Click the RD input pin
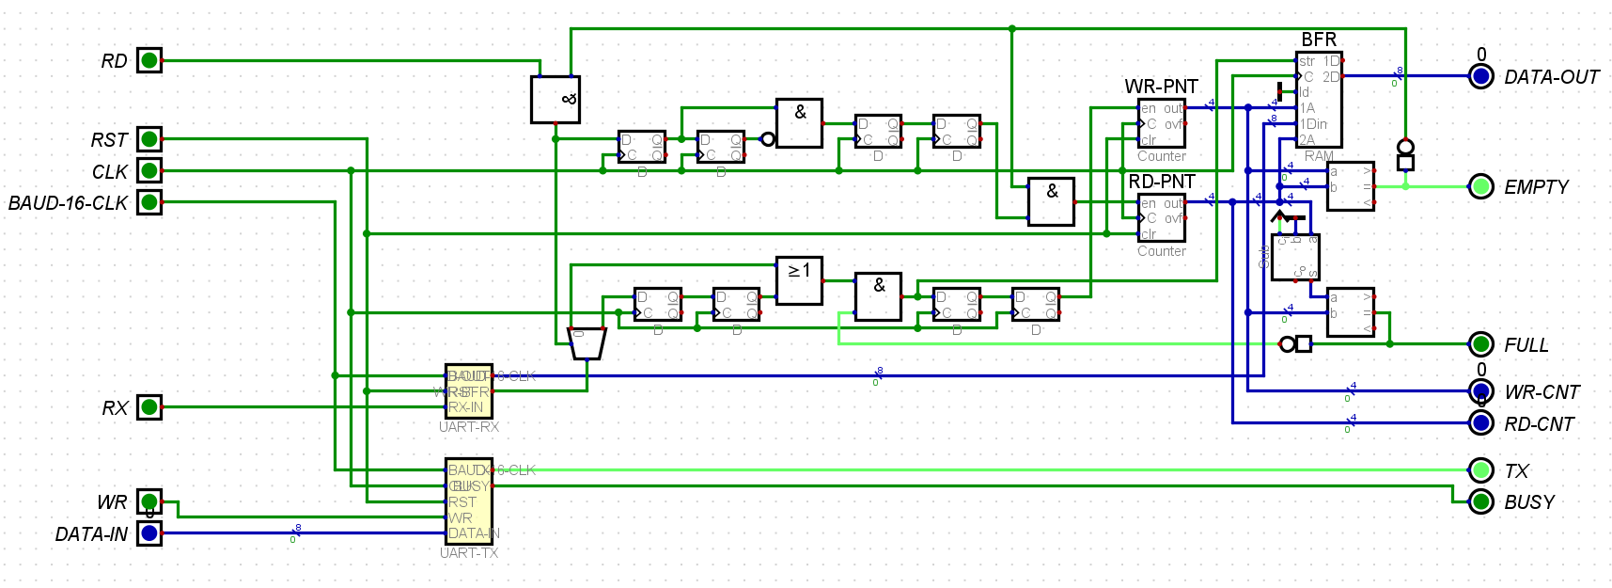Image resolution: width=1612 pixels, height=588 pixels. pyautogui.click(x=149, y=60)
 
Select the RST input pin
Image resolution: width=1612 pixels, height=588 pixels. pyautogui.click(x=149, y=139)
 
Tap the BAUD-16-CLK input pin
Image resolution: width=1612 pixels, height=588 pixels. pyautogui.click(x=149, y=202)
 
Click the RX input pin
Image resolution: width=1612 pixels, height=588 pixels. pyautogui.click(x=149, y=407)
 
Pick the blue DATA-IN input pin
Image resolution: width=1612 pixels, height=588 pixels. pyautogui.click(x=149, y=533)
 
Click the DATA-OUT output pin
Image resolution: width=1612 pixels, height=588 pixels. pyautogui.click(x=1480, y=76)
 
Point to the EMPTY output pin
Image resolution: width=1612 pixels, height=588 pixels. pyautogui.click(x=1480, y=186)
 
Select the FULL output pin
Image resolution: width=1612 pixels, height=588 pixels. pyautogui.click(x=1480, y=344)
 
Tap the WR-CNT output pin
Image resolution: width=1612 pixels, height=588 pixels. pyautogui.click(x=1480, y=390)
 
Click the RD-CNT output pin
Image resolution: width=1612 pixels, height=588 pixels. pyautogui.click(x=1480, y=422)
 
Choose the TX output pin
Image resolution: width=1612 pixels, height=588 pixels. pyautogui.click(x=1480, y=469)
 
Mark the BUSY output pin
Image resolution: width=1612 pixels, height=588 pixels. pyautogui.click(x=1480, y=501)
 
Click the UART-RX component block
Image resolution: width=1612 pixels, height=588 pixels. pyautogui.click(x=468, y=391)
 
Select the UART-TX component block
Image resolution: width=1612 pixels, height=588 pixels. pyautogui.click(x=468, y=501)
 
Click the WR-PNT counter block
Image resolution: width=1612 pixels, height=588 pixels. pyautogui.click(x=1161, y=123)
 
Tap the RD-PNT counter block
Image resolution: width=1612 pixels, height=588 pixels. pyautogui.click(x=1161, y=217)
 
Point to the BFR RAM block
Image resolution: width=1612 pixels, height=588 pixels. pyautogui.click(x=1319, y=100)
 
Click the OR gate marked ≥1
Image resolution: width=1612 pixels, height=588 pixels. pyautogui.click(x=799, y=280)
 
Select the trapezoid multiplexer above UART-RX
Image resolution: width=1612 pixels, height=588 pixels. pyautogui.click(x=587, y=343)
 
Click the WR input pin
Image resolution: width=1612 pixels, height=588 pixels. pyautogui.click(x=149, y=501)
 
